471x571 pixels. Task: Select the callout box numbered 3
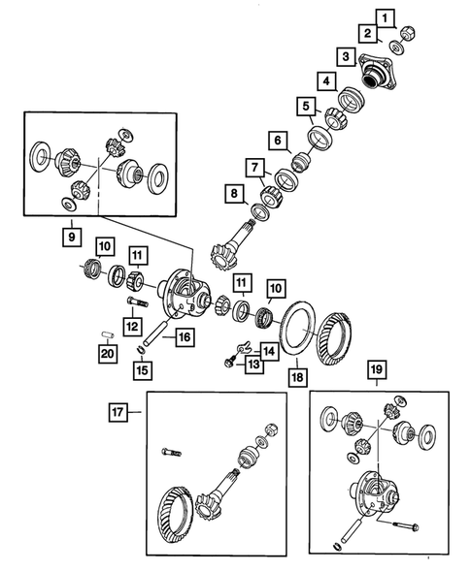pyautogui.click(x=345, y=57)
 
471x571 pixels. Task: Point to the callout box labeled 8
pyautogui.click(x=233, y=193)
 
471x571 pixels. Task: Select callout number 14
pyautogui.click(x=269, y=350)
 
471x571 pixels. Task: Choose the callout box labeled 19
pyautogui.click(x=376, y=369)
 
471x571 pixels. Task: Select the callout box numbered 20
pyautogui.click(x=107, y=354)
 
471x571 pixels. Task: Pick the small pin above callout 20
pyautogui.click(x=107, y=335)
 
